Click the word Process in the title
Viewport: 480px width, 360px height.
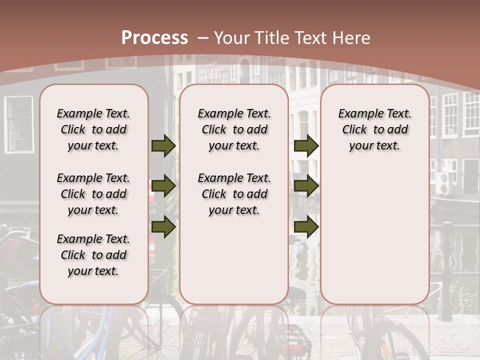point(154,38)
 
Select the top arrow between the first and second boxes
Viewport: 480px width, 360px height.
point(163,145)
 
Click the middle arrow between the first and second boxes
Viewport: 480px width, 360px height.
point(163,186)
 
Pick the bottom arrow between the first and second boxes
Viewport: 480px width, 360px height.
point(163,226)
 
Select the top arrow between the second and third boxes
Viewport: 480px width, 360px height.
point(306,145)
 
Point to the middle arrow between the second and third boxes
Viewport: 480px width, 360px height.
point(306,186)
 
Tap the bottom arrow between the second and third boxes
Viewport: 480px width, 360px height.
point(306,226)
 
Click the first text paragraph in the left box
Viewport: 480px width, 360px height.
point(93,129)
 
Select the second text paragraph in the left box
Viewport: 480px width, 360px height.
point(93,194)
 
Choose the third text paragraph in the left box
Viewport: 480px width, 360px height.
point(93,255)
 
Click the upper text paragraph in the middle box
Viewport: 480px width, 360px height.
point(234,129)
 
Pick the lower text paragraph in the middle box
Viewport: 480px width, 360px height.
point(234,194)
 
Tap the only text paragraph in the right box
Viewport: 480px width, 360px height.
point(375,129)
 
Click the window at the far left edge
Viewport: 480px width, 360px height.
point(19,124)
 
